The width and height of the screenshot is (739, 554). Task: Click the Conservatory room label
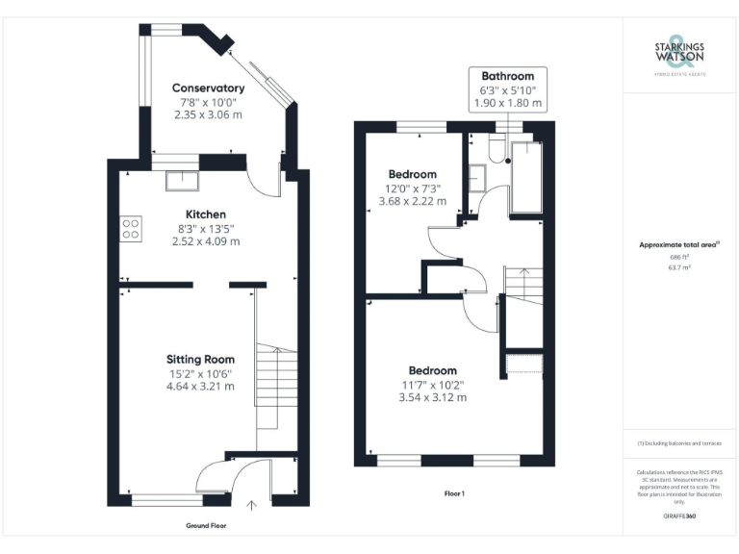point(208,88)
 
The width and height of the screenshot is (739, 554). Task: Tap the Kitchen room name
point(206,214)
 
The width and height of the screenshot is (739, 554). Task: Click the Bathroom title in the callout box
point(507,76)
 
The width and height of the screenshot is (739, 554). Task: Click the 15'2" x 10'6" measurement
point(200,373)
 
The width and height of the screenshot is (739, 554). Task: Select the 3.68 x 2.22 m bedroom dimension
point(413,201)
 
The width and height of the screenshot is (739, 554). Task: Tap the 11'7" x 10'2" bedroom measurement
point(432,385)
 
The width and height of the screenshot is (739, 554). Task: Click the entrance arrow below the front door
point(253,504)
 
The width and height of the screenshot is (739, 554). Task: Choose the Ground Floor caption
point(206,526)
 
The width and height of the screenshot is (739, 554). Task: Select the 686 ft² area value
point(679,257)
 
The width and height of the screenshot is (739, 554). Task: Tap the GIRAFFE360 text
point(679,516)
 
